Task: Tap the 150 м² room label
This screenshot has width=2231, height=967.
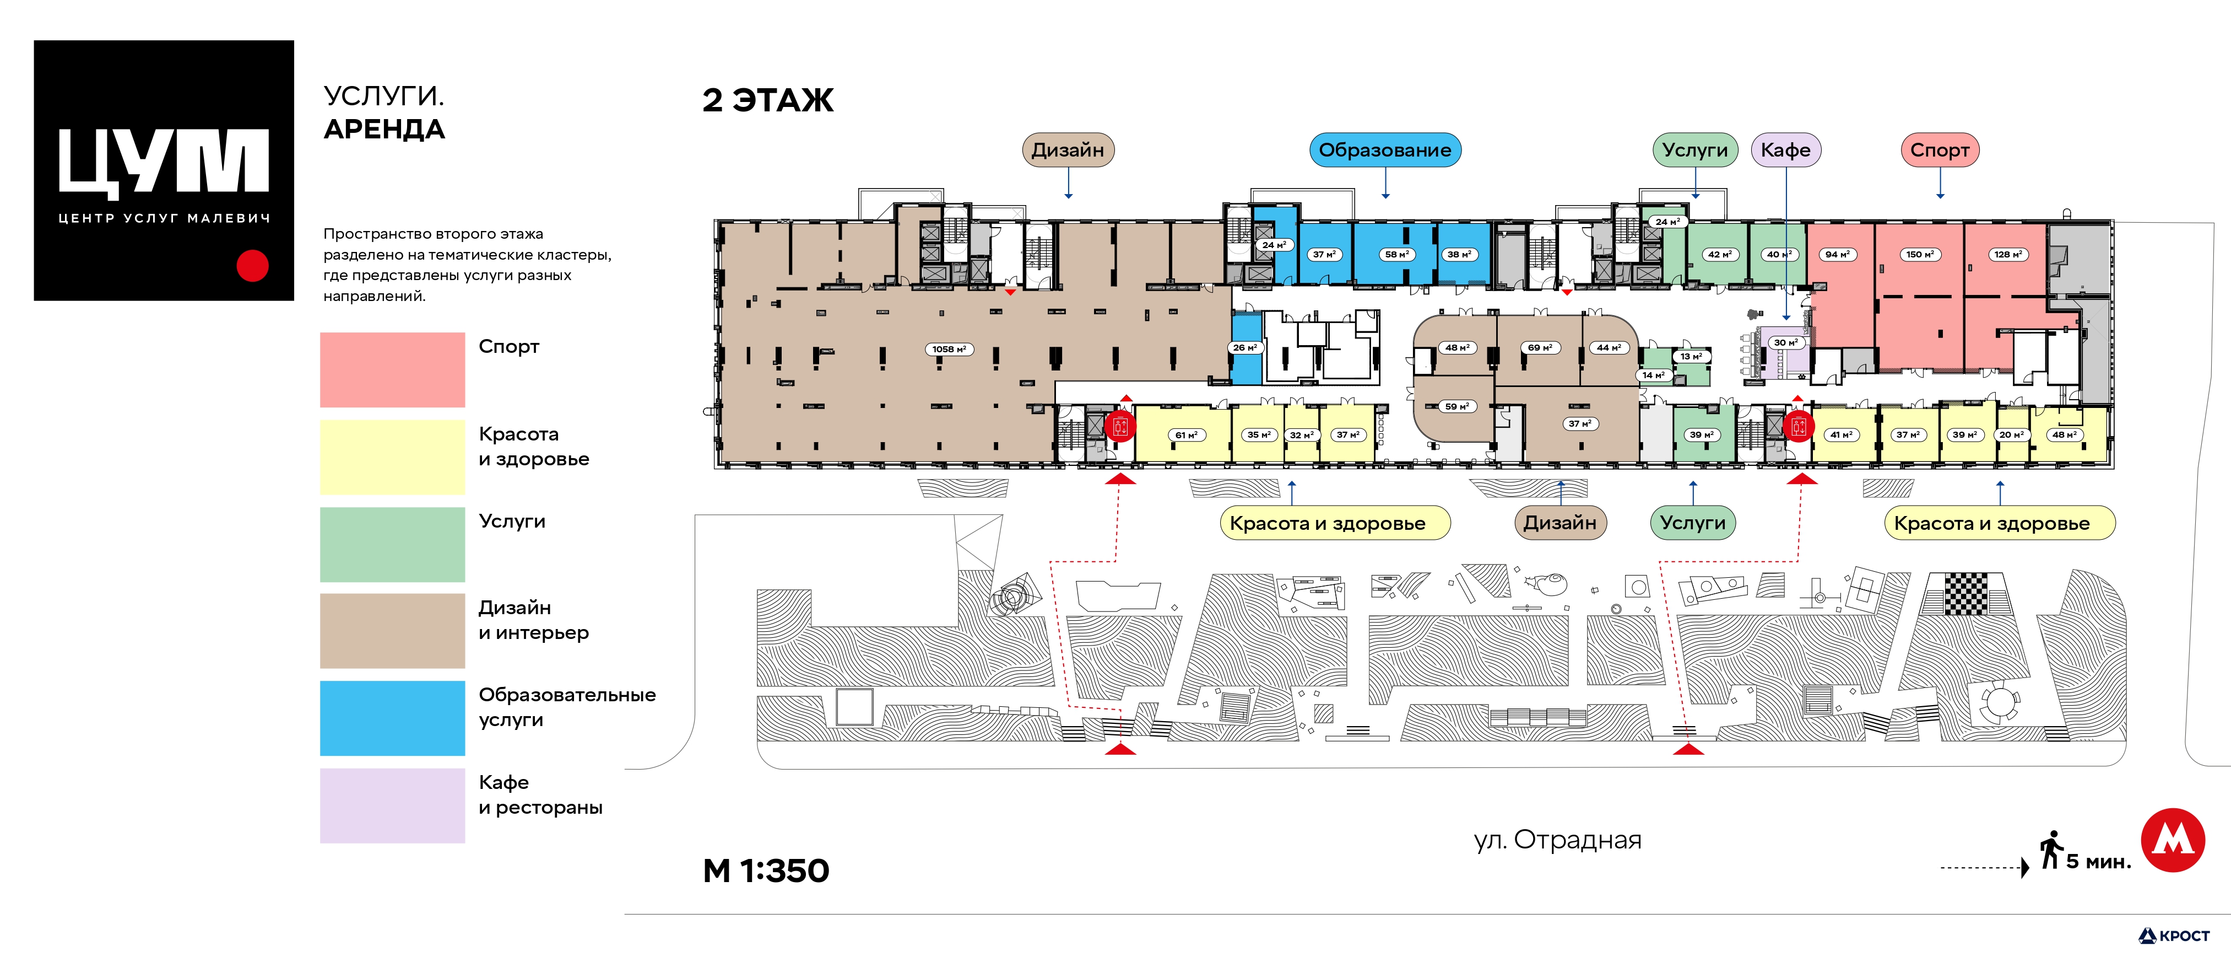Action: pos(1919,255)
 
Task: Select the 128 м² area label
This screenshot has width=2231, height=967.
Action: pos(2007,255)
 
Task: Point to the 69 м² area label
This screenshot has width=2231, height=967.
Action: pos(1539,347)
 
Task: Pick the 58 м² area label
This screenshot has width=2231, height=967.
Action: pos(1396,255)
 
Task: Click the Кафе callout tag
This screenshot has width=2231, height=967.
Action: pos(1786,150)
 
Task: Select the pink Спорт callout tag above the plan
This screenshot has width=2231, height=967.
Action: pos(1940,150)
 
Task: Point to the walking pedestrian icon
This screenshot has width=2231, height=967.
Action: pos(2051,849)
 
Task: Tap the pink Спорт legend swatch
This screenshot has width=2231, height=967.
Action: pos(392,370)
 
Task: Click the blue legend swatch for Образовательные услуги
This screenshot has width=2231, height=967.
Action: pos(392,718)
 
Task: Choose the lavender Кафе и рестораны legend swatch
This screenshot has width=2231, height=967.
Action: pos(392,806)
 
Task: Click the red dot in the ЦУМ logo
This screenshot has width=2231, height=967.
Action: pos(253,266)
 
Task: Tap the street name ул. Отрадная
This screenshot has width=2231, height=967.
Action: pos(1557,840)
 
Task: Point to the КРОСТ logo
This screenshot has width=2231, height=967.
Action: pos(2174,936)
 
